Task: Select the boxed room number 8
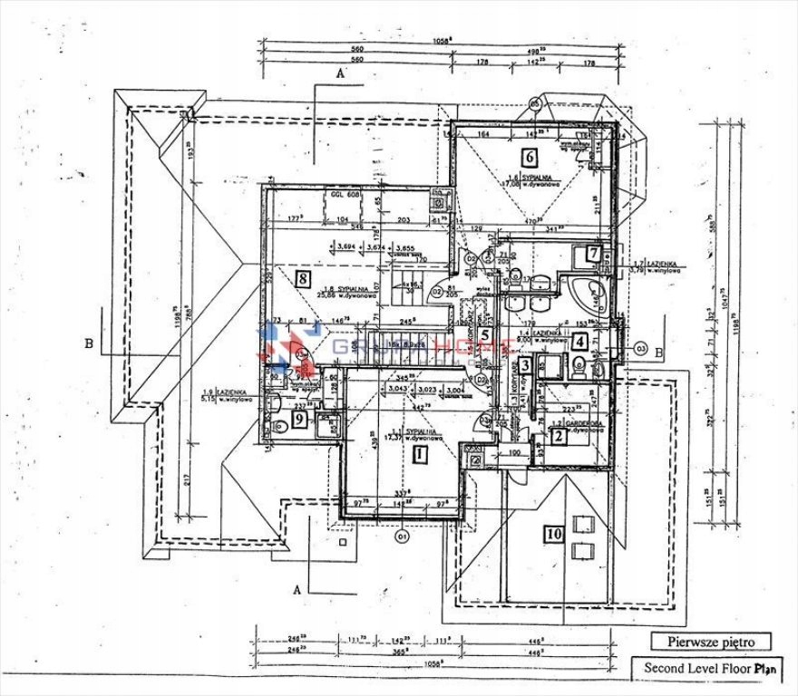tap(303, 278)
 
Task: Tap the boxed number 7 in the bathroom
tap(594, 254)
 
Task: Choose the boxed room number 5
tap(486, 333)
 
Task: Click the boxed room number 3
tap(525, 366)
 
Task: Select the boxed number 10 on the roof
tap(553, 535)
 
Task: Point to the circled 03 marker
tap(639, 347)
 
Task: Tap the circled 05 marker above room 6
tap(534, 105)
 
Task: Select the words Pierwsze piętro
tap(711, 642)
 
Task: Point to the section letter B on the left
tap(89, 343)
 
